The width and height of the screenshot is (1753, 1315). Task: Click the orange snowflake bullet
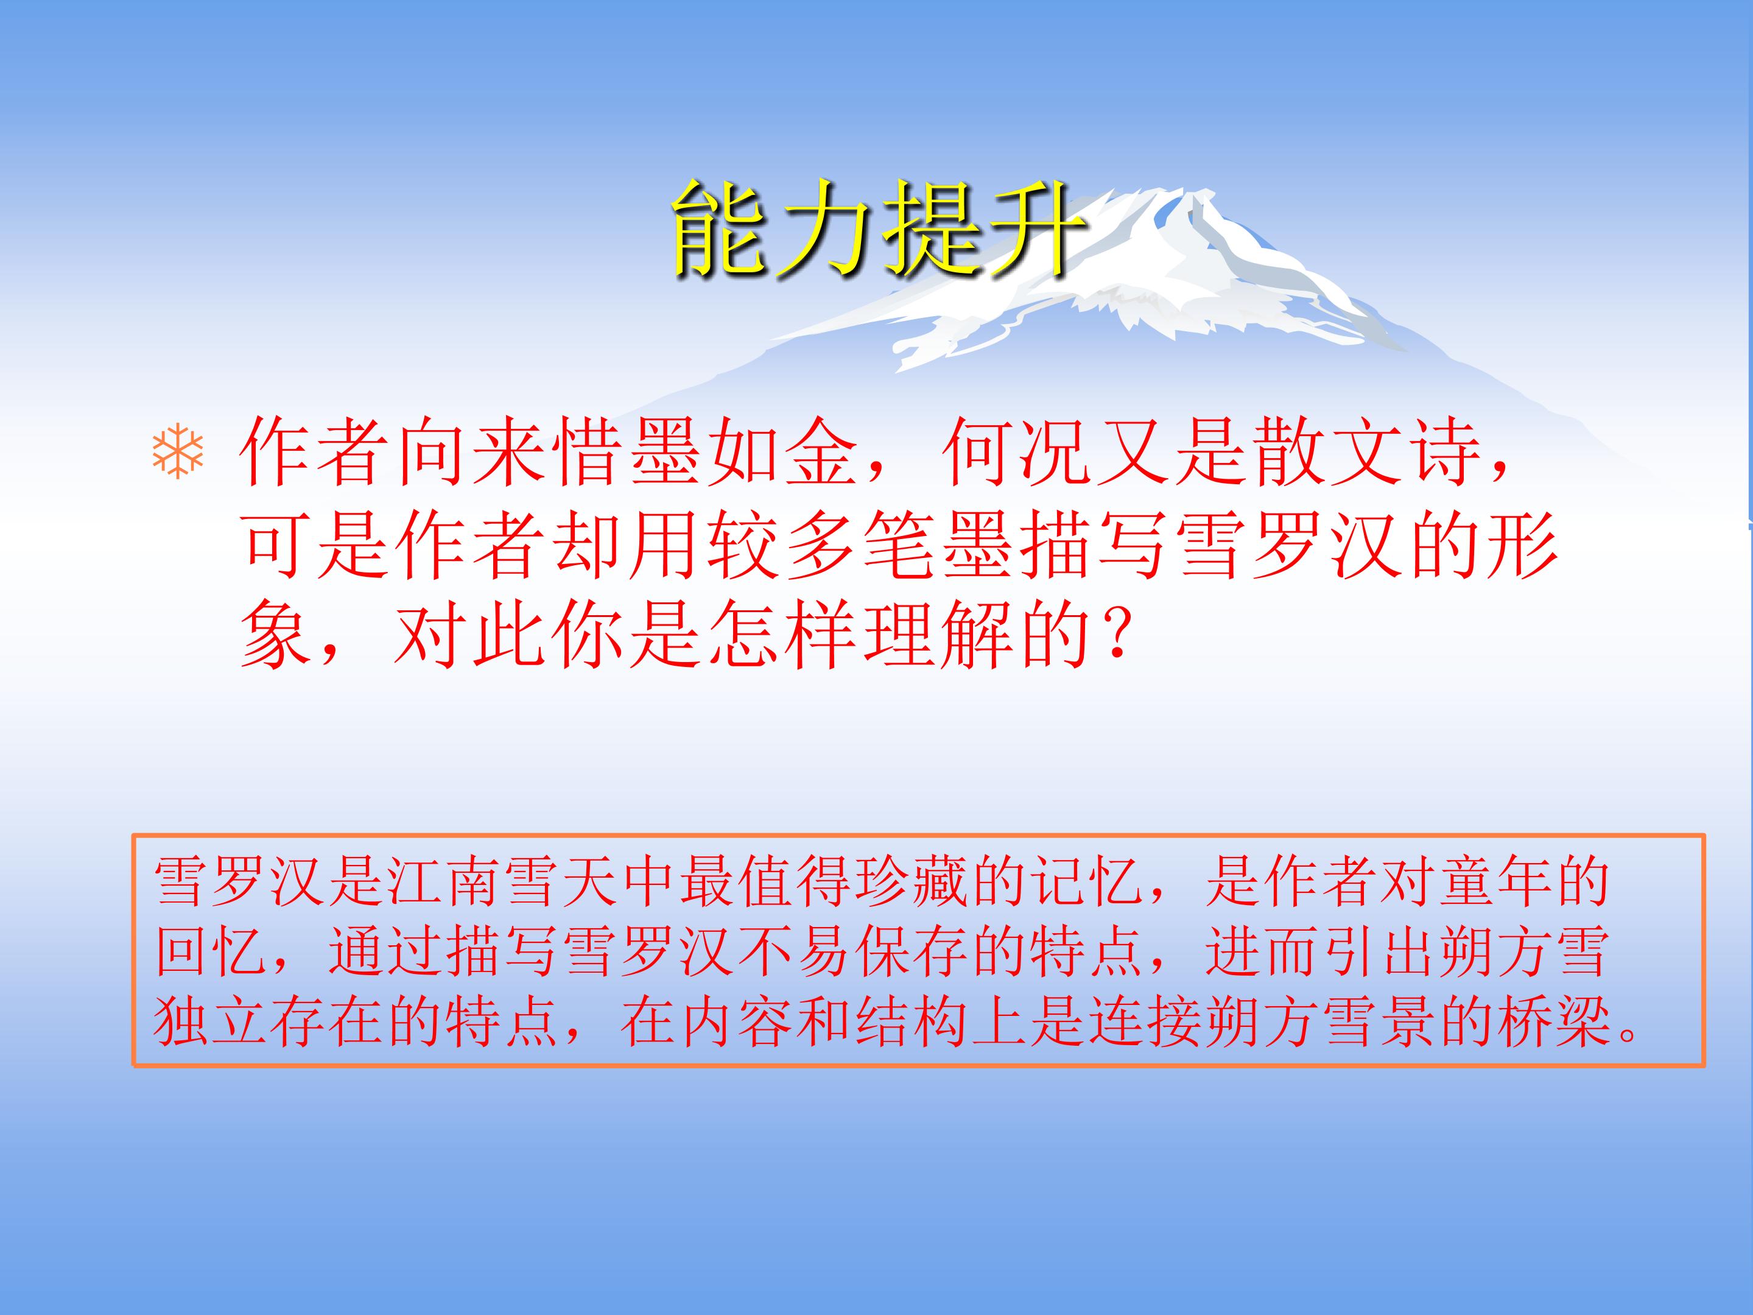[x=178, y=454]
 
